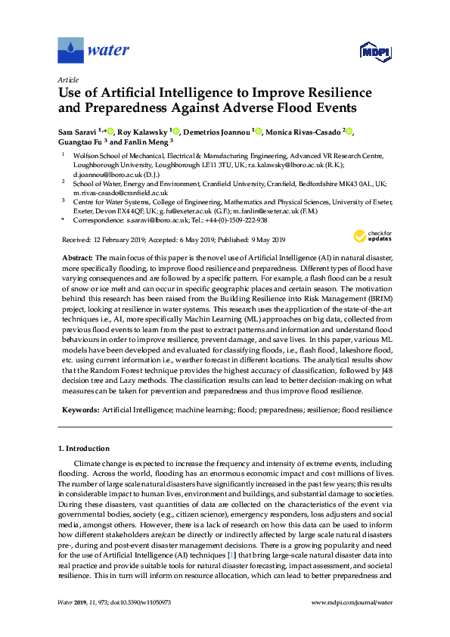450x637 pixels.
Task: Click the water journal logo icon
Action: click(x=70, y=51)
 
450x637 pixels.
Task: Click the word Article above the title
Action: click(x=67, y=79)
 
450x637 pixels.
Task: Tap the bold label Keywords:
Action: click(x=79, y=409)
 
